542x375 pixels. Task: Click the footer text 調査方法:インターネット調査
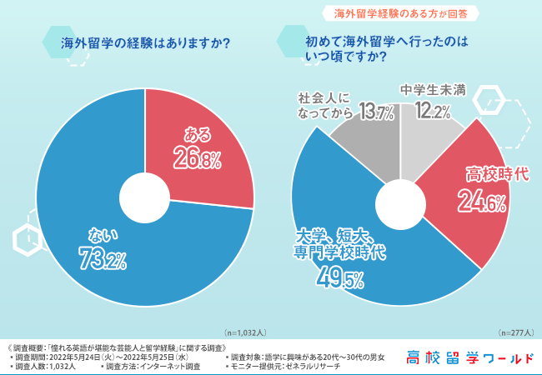(x=153, y=366)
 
